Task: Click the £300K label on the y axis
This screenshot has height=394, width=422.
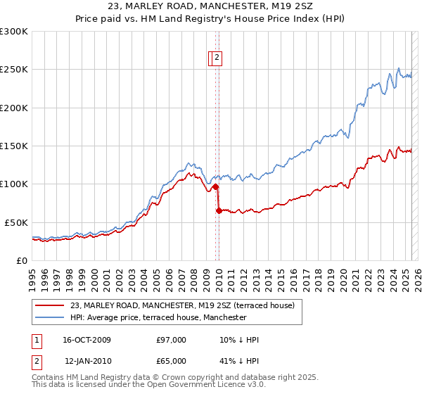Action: [13, 32]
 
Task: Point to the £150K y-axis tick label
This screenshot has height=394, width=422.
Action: [13, 146]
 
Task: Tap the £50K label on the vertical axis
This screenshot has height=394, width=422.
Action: [15, 222]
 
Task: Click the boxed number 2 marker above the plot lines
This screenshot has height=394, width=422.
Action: [217, 58]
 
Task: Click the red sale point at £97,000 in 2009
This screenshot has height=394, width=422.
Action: [215, 186]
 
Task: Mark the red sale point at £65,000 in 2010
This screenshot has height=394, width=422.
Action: [219, 210]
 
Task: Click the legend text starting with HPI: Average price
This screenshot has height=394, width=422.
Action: [158, 317]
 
